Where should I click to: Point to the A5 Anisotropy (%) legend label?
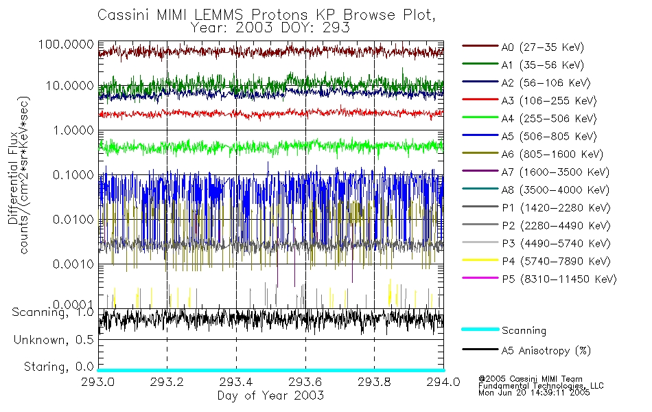pos(546,351)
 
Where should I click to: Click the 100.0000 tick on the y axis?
pos(66,44)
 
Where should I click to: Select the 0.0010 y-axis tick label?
pos(71,264)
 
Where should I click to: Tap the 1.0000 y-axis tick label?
pos(71,130)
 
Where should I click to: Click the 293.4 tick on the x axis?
pos(236,382)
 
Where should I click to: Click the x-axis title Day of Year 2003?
pos(270,396)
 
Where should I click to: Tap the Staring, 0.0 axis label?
pos(58,366)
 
